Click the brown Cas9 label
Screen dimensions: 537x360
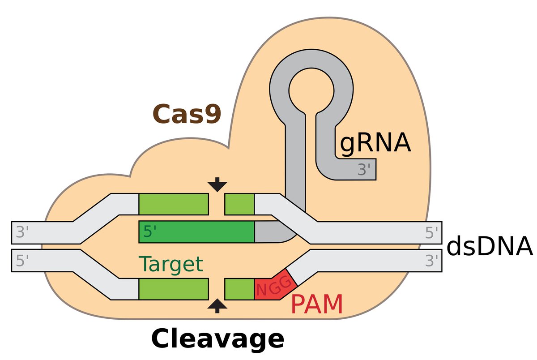coord(187,114)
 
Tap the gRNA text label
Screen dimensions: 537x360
coord(375,143)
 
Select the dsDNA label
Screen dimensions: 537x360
coord(490,246)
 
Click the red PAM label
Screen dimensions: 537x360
coord(317,304)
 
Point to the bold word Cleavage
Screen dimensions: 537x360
coord(217,339)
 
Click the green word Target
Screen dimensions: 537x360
coord(171,264)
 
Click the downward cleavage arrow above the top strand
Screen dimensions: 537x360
coord(217,184)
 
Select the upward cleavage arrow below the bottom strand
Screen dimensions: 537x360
coord(217,306)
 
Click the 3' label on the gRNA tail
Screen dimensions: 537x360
coord(364,169)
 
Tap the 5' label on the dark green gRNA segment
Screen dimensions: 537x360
coord(150,231)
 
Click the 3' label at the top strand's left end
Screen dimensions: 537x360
coord(22,232)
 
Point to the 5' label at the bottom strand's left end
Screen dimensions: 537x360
coord(22,261)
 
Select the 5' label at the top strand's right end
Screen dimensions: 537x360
coord(431,232)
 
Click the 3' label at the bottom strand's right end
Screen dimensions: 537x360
coord(431,261)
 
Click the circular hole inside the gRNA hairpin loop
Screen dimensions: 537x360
coord(311,90)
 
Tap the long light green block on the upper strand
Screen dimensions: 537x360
coord(174,204)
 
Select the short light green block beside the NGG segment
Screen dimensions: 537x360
coord(239,289)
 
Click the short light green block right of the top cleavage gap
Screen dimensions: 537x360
coord(239,204)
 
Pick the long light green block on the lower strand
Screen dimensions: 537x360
coord(174,289)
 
